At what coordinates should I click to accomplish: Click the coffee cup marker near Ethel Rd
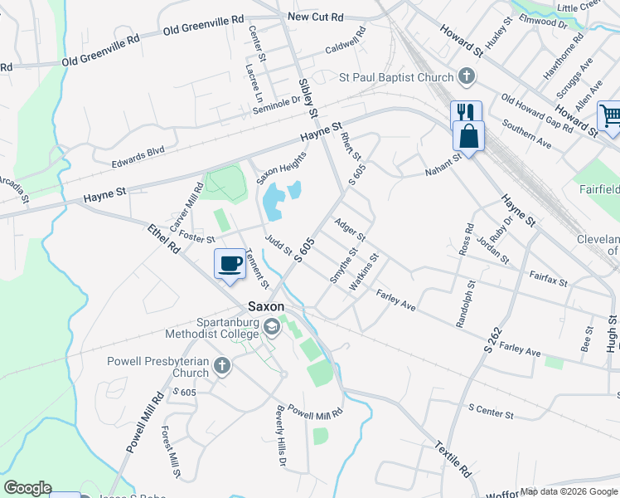point(230,264)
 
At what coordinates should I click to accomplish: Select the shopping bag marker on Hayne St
point(468,135)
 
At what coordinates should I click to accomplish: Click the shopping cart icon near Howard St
point(609,116)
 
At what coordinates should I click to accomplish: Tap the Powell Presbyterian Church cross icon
point(221,365)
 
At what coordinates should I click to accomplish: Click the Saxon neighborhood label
point(264,305)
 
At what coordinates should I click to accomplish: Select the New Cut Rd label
point(315,17)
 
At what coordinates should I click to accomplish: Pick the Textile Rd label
point(453,458)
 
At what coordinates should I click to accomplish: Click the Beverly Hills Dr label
point(283,435)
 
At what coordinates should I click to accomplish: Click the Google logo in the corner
point(27,488)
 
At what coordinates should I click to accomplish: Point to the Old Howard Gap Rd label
point(536,113)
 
